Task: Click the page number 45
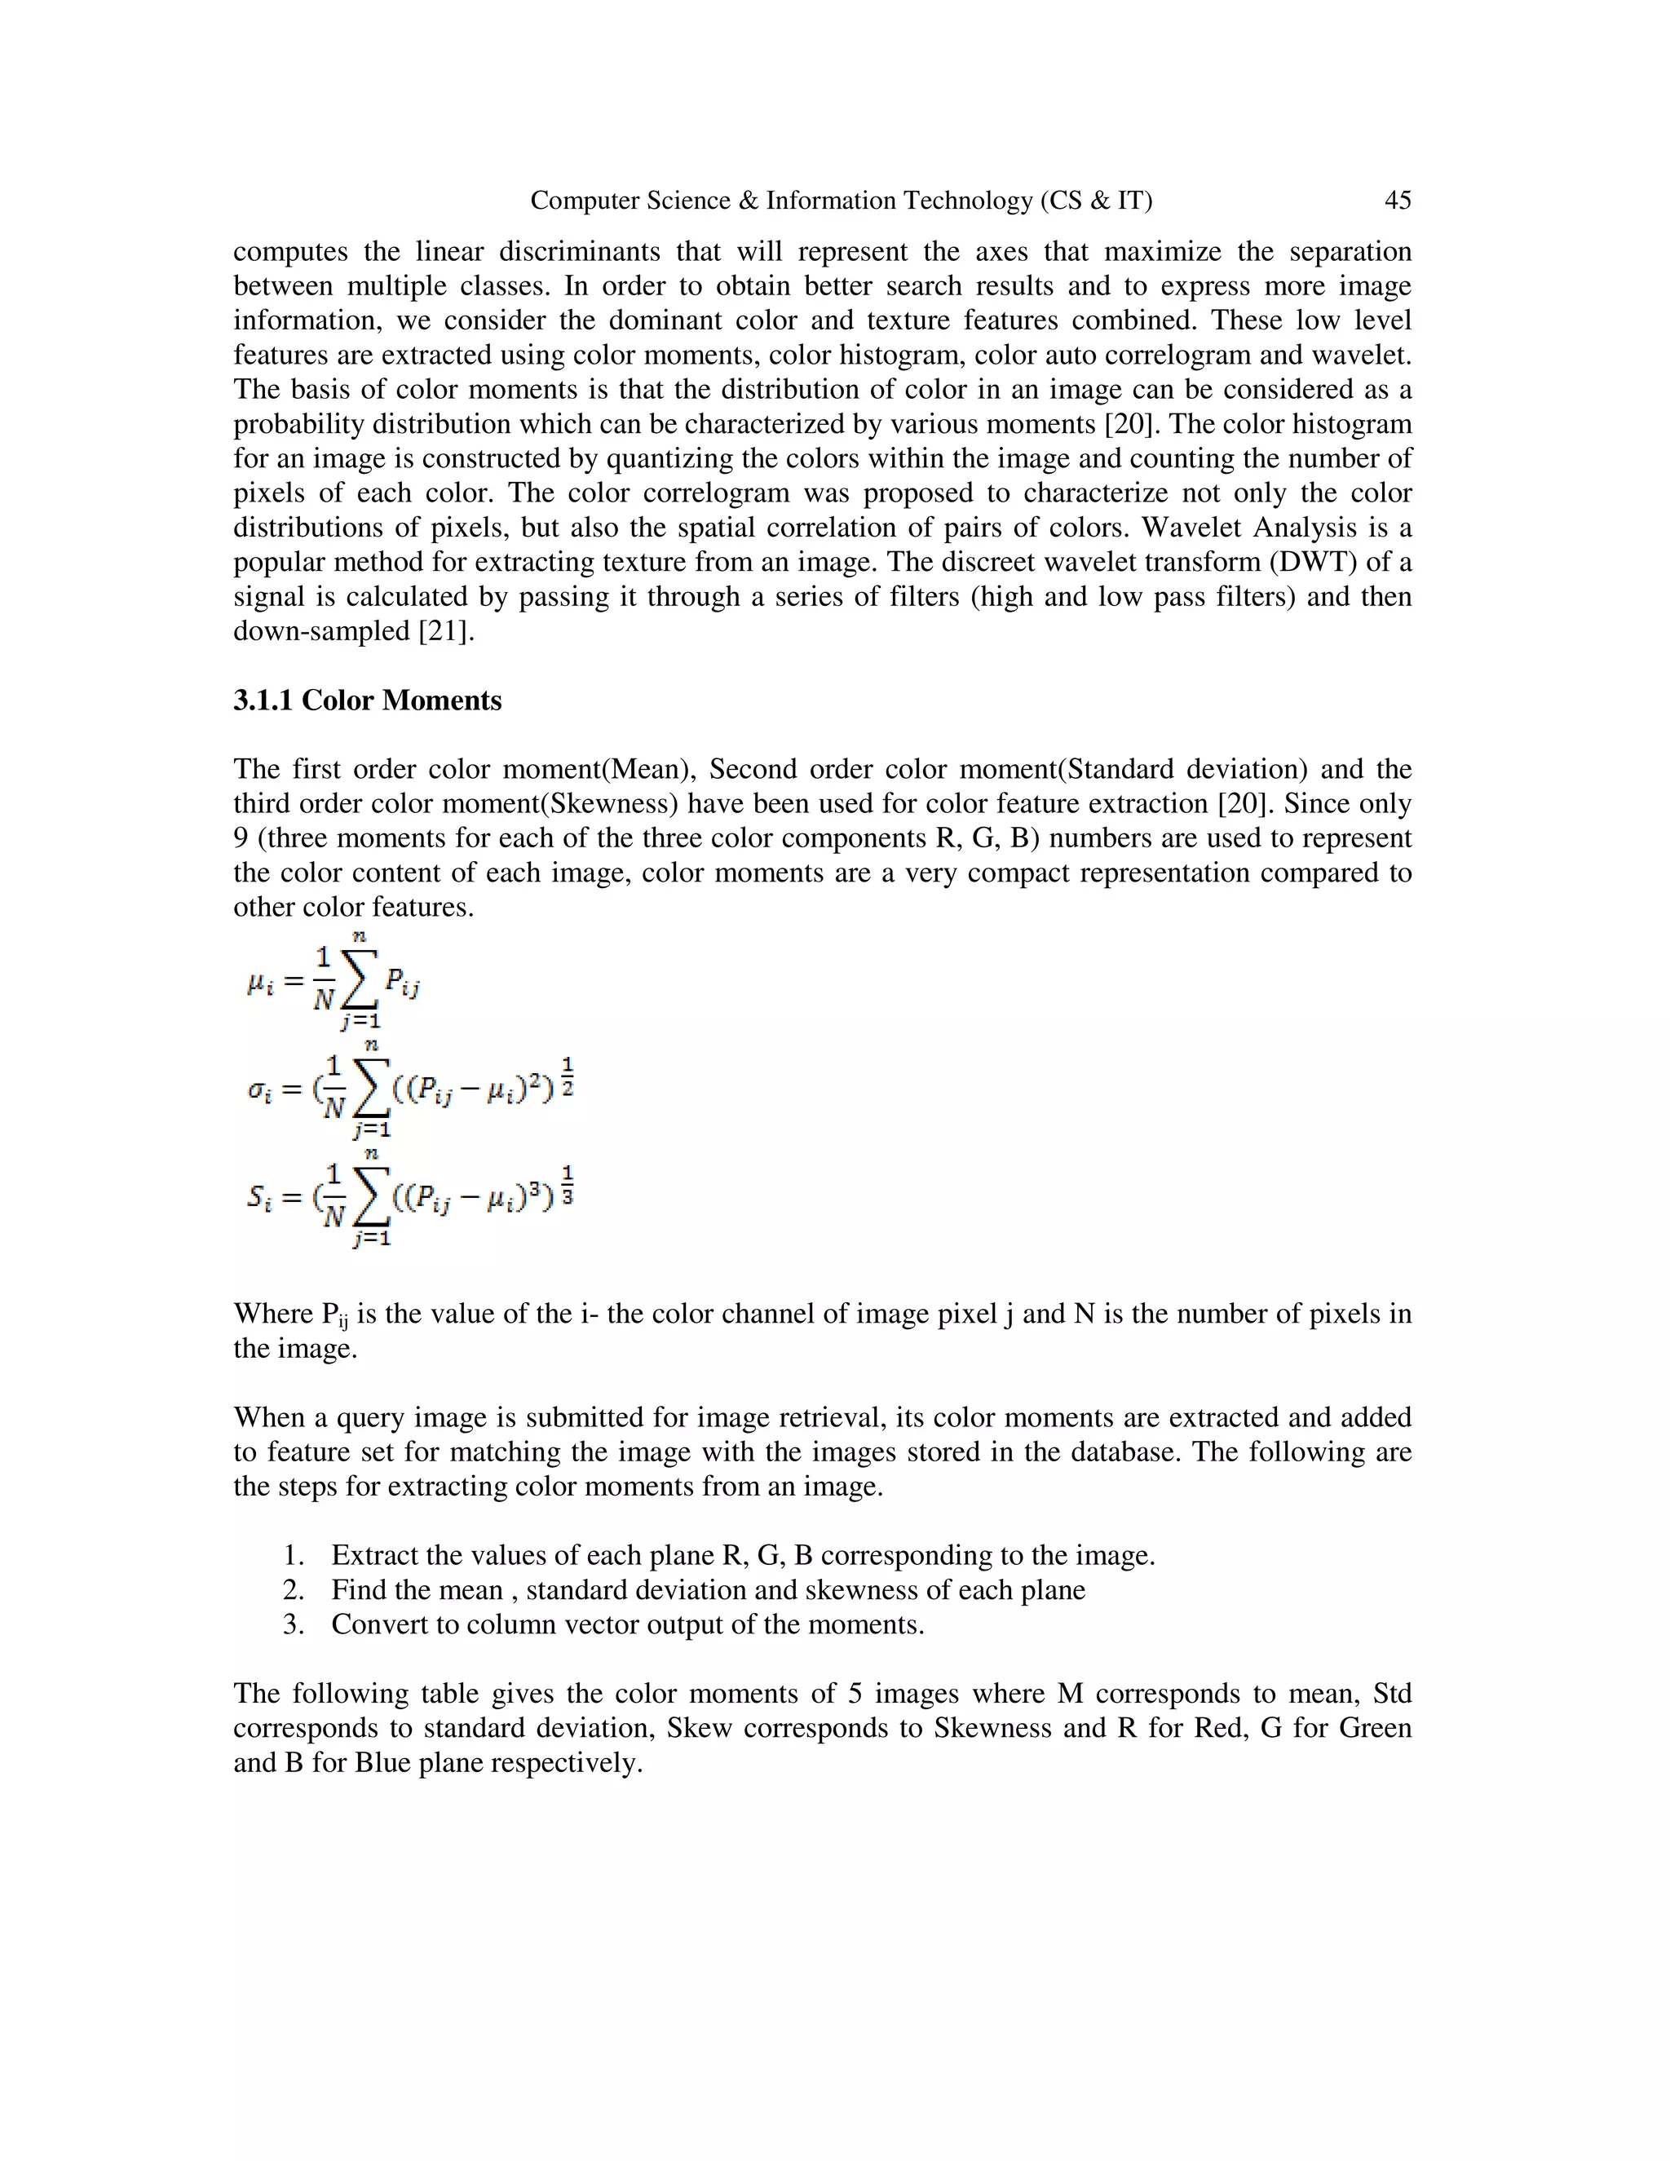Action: tap(1397, 201)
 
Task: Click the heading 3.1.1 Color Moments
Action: tap(367, 700)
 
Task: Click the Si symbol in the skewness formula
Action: tap(258, 1198)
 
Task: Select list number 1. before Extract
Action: tap(293, 1555)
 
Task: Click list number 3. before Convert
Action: tap(293, 1624)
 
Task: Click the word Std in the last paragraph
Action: tap(1391, 1693)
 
